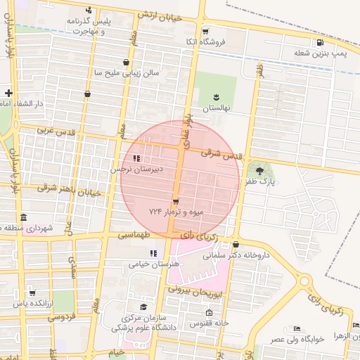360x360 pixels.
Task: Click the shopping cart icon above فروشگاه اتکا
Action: click(x=205, y=32)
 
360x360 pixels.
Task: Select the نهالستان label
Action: click(x=217, y=109)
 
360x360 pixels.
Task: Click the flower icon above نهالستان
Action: click(x=217, y=96)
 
